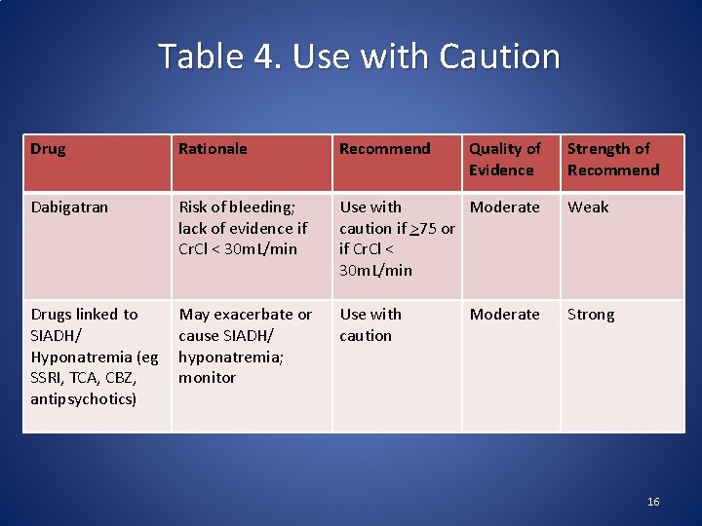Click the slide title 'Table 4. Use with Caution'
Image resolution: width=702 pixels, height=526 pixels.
click(359, 56)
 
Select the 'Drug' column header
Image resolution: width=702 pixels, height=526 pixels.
click(48, 149)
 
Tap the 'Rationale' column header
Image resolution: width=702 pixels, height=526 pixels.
click(213, 149)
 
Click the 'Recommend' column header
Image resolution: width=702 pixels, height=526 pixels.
click(384, 149)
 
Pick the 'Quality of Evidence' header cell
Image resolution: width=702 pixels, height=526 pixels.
click(504, 159)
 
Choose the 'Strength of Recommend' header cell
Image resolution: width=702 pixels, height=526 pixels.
click(612, 159)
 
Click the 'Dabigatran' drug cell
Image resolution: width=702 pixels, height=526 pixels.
click(69, 207)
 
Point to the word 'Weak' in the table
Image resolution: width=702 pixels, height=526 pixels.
click(588, 207)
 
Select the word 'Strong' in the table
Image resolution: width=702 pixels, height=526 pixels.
click(591, 314)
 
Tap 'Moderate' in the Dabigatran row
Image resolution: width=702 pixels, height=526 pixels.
click(504, 207)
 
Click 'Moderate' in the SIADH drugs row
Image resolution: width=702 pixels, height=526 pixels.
click(504, 314)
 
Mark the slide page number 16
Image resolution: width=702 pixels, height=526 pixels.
click(653, 502)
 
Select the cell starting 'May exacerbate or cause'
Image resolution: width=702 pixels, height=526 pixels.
click(245, 345)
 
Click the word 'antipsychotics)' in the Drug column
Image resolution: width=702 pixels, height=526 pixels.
click(83, 398)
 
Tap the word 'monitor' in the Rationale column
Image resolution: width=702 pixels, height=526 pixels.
click(207, 377)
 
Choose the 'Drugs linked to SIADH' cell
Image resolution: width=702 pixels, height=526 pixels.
click(94, 356)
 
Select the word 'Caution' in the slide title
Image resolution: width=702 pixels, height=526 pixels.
click(499, 56)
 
